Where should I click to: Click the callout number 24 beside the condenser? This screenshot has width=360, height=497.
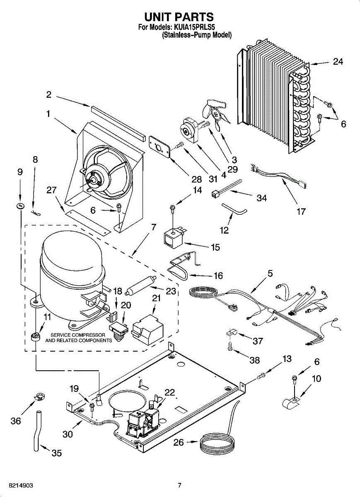coord(338,61)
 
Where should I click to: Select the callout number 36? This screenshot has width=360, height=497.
coord(16,421)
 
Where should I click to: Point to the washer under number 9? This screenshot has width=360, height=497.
coord(20,206)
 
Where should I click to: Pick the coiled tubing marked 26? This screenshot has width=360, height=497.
coord(217,442)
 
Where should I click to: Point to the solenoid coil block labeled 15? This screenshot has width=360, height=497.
coord(174,239)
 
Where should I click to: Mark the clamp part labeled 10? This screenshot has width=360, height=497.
coord(291,403)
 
